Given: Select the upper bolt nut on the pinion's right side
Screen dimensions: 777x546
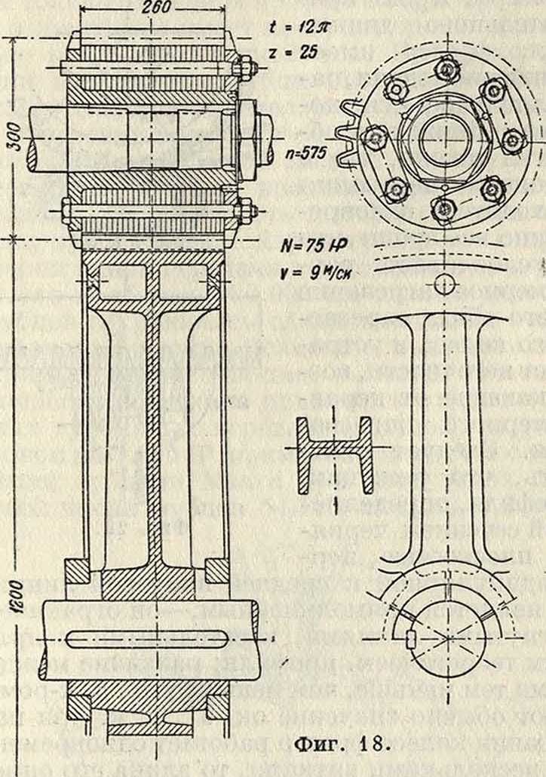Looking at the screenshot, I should [245, 66].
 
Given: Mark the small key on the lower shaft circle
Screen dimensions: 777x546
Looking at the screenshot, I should [411, 638].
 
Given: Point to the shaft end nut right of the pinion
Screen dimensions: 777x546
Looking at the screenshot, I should [256, 136].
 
